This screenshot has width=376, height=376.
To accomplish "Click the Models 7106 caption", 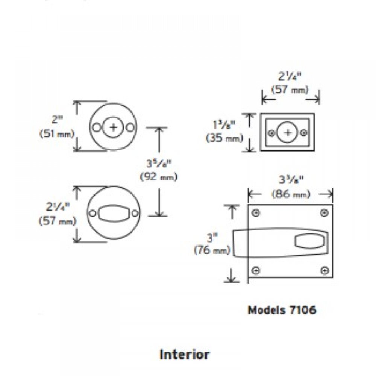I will [x=282, y=310].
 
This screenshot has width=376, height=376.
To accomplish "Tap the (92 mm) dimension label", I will [x=158, y=177].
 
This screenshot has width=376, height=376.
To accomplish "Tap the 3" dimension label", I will [x=212, y=238].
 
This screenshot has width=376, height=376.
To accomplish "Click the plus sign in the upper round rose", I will [x=113, y=127].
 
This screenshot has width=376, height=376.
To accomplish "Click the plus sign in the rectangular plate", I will [x=288, y=133].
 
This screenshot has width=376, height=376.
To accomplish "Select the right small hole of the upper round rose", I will [x=130, y=127].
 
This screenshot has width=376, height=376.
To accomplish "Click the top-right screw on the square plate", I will [x=324, y=213].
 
